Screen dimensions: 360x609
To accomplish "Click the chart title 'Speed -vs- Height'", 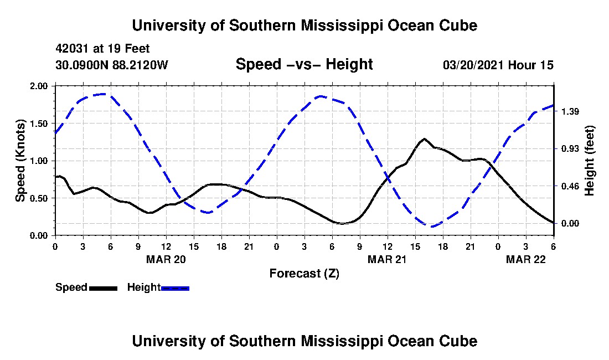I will pyautogui.click(x=304, y=64).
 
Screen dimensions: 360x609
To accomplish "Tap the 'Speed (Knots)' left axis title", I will pyautogui.click(x=20, y=160).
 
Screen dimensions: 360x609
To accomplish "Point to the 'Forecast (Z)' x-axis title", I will pyautogui.click(x=304, y=273).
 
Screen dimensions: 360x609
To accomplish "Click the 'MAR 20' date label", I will pyautogui.click(x=166, y=259).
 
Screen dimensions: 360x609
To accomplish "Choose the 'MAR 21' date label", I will pyautogui.click(x=388, y=259).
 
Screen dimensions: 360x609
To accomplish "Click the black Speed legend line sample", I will pyautogui.click(x=103, y=288).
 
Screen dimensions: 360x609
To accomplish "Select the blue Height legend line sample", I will pyautogui.click(x=175, y=288).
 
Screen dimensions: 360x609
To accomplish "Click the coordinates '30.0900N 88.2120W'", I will pyautogui.click(x=111, y=65).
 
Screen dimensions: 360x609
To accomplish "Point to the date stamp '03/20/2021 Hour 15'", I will pyautogui.click(x=498, y=65).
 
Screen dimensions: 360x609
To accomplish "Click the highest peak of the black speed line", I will pyautogui.click(x=424, y=138).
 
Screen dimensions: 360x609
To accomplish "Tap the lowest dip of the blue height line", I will pyautogui.click(x=431, y=226).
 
